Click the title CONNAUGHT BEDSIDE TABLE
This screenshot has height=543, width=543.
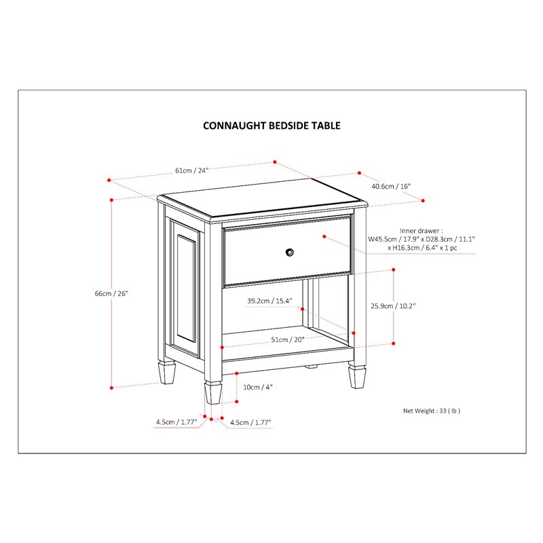pyautogui.click(x=271, y=126)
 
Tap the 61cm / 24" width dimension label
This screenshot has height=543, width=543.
pyautogui.click(x=191, y=170)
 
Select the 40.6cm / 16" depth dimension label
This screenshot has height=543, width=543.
pyautogui.click(x=391, y=185)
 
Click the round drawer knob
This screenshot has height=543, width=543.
pyautogui.click(x=290, y=252)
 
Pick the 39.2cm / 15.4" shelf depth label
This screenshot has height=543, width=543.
pyautogui.click(x=269, y=301)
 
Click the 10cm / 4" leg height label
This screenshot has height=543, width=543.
pyautogui.click(x=258, y=387)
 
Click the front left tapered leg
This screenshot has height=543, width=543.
pyautogui.click(x=213, y=393)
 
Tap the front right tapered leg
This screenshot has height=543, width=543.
pyautogui.click(x=358, y=377)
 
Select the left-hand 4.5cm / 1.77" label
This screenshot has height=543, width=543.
pyautogui.click(x=176, y=422)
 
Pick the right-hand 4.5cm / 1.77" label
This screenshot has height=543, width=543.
pyautogui.click(x=250, y=422)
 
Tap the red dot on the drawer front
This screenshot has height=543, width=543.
pyautogui.click(x=325, y=237)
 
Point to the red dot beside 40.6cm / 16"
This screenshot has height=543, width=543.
pyautogui.click(x=423, y=200)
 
